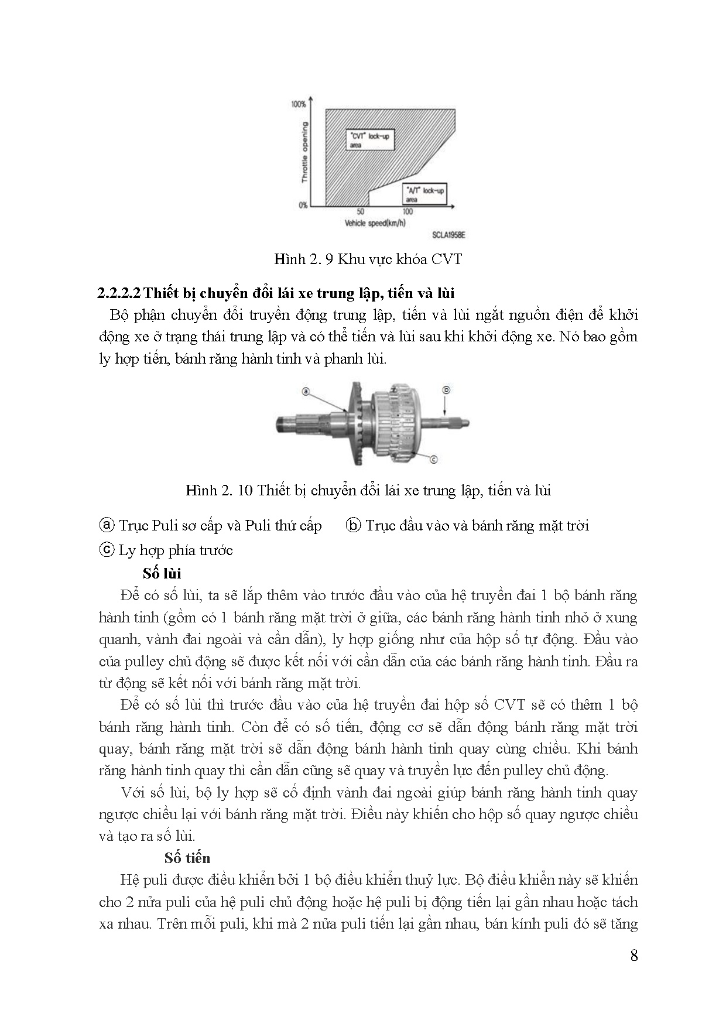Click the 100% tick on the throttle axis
tap(299, 104)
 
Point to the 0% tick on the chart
tap(303, 205)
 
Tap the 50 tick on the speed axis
tap(361, 211)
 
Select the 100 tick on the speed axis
tap(408, 211)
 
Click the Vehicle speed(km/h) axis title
tap(375, 222)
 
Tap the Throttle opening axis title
tap(304, 152)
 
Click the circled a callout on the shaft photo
tap(306, 392)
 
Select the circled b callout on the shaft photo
tap(446, 389)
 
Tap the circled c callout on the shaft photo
tap(434, 460)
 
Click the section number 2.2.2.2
tap(119, 293)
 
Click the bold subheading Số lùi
tap(162, 573)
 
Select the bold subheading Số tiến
tap(187, 858)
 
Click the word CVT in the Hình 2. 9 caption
tap(447, 259)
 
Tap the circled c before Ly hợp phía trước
tap(107, 550)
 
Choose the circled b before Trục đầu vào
tap(353, 525)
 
